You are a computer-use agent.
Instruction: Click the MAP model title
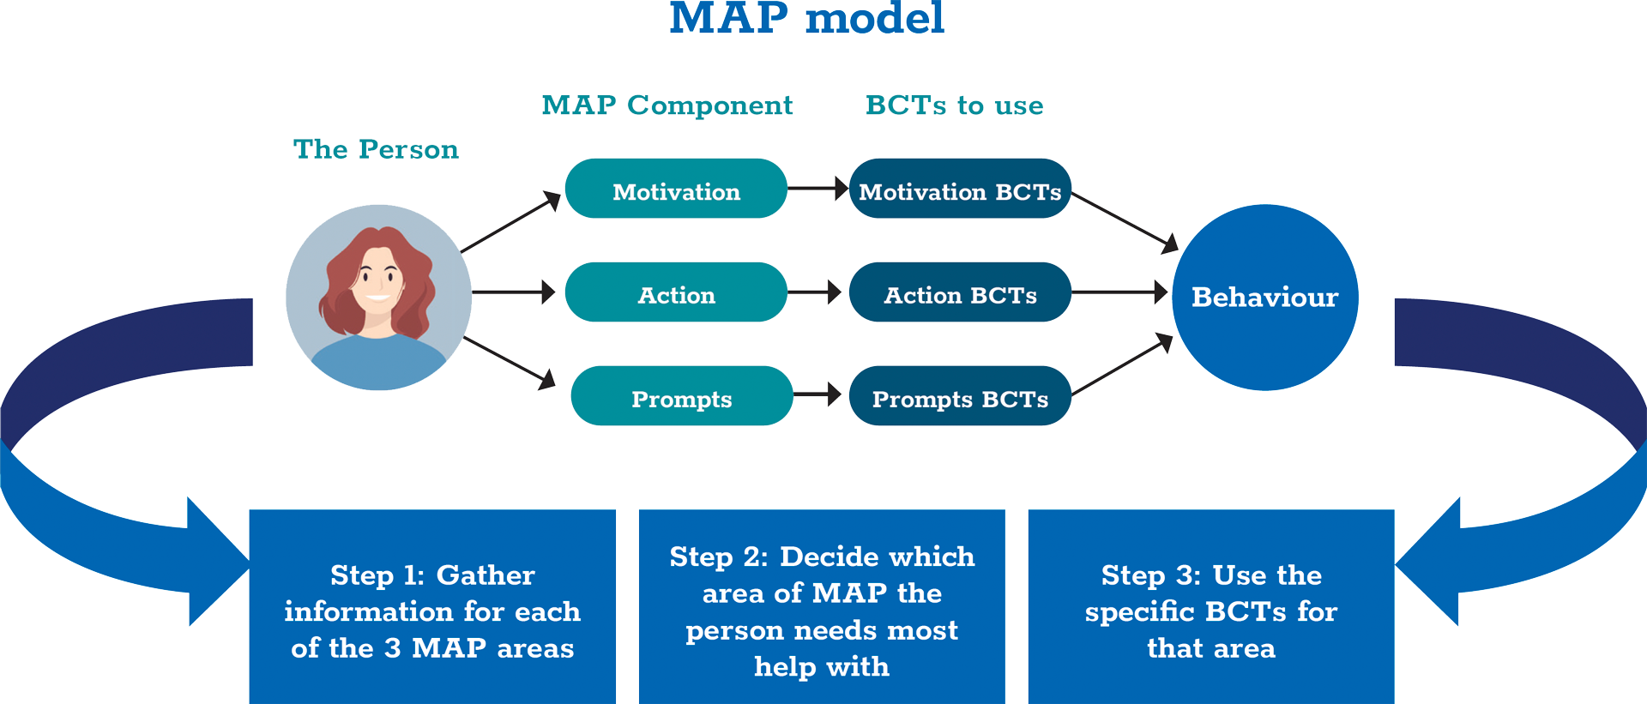click(x=806, y=18)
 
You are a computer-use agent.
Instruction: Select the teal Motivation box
click(x=676, y=189)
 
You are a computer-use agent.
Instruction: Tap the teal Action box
click(x=676, y=292)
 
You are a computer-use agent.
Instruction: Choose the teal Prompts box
click(x=682, y=396)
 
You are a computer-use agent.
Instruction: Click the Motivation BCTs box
click(x=960, y=189)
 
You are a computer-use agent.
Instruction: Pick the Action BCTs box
click(x=960, y=292)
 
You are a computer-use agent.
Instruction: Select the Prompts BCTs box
click(x=960, y=396)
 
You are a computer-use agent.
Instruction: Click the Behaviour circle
click(x=1265, y=298)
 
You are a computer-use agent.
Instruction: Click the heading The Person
click(x=376, y=149)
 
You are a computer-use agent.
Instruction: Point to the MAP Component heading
click(x=667, y=105)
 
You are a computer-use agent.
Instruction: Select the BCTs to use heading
click(x=955, y=105)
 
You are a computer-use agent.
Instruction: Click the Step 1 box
click(x=432, y=607)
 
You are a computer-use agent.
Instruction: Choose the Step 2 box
click(x=822, y=607)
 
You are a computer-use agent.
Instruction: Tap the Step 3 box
click(x=1211, y=607)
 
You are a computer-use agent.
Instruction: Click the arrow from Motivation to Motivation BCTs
click(x=818, y=189)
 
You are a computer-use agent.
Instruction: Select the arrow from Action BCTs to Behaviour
click(x=1120, y=292)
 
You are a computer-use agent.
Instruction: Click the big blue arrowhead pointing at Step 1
click(x=219, y=562)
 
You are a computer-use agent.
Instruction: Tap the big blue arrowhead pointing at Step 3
click(x=1427, y=562)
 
